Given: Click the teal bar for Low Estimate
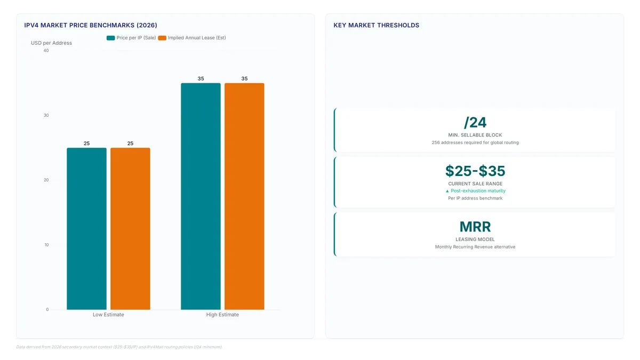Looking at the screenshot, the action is tap(86, 229).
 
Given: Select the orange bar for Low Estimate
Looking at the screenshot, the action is tap(130, 229).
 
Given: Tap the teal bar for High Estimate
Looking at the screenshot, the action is tap(201, 196).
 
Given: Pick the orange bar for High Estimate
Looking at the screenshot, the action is tap(244, 196).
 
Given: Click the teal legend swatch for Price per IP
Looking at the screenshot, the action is tap(110, 38).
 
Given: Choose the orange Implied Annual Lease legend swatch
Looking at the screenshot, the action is tap(162, 38).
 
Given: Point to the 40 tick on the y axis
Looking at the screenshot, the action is tap(46, 51).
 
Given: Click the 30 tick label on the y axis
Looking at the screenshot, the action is tap(46, 115).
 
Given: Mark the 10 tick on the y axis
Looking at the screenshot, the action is tap(46, 245).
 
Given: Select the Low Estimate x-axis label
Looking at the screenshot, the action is tap(108, 315).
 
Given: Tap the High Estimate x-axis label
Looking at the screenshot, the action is tap(222, 315).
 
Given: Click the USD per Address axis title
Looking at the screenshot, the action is tap(51, 43).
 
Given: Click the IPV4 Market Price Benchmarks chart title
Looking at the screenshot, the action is tap(91, 25).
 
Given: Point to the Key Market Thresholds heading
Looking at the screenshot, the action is tap(377, 25).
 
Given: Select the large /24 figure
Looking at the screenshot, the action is tap(475, 123).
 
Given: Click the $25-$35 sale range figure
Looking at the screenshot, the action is tap(475, 171).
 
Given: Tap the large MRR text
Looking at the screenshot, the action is tap(475, 227).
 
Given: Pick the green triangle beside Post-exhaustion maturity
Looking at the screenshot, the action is tap(447, 191).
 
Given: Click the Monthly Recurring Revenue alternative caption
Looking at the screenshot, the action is tap(475, 247).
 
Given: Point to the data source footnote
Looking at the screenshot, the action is tap(119, 347).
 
